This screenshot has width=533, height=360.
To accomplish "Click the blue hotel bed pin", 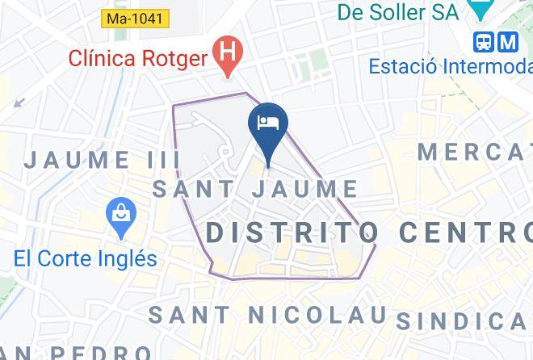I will click(267, 124).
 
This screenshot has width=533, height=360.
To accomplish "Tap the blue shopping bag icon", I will click(121, 215).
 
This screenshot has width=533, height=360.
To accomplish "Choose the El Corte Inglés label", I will click(85, 259).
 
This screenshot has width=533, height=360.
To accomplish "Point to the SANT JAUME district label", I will click(255, 190).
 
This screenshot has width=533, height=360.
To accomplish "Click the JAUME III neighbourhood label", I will click(102, 159).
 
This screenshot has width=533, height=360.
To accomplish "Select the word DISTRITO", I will click(292, 232).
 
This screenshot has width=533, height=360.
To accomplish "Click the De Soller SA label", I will click(397, 13).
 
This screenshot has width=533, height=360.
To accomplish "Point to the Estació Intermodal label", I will click(451, 66).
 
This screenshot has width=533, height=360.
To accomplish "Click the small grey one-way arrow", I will click(19, 103).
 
